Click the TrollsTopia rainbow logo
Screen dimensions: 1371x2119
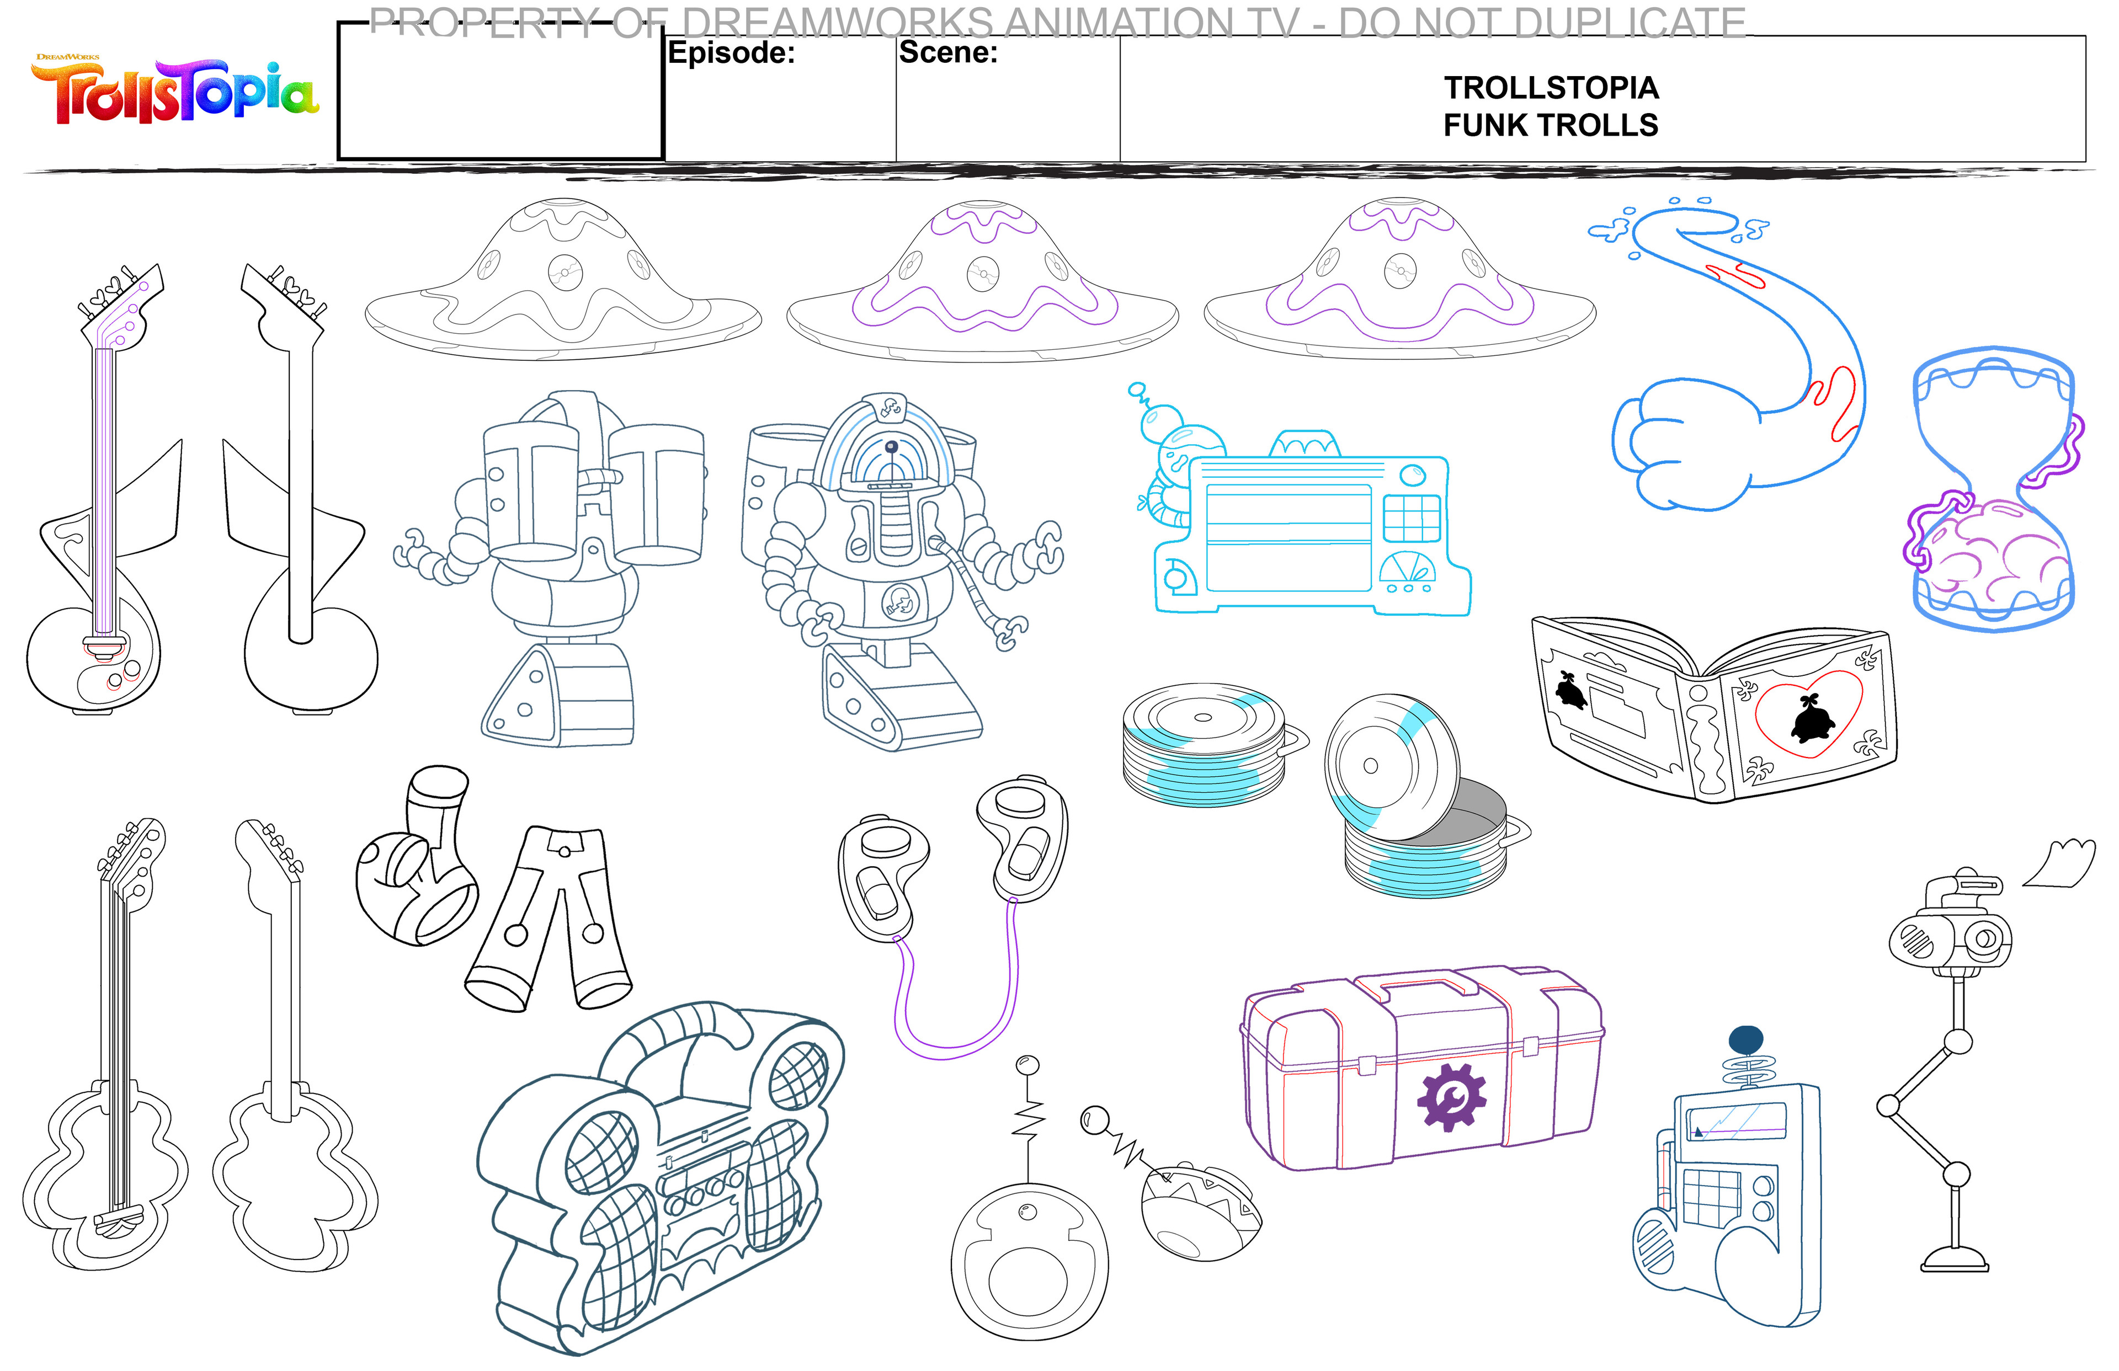tap(175, 92)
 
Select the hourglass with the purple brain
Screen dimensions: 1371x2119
tap(1993, 490)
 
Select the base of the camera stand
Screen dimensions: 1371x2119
tap(1955, 1260)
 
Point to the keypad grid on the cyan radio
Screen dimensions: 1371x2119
tap(1411, 518)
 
